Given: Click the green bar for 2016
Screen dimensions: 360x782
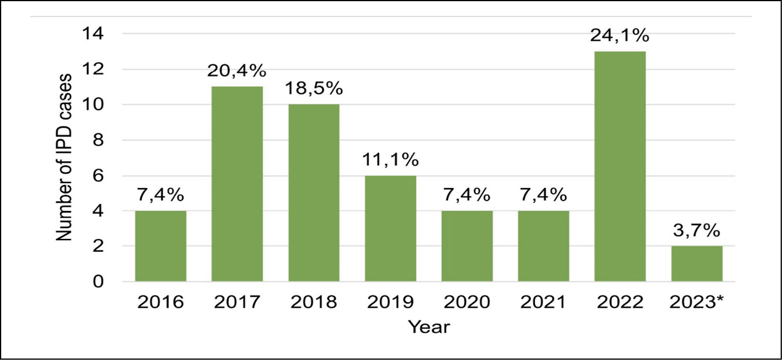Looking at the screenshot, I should tap(160, 246).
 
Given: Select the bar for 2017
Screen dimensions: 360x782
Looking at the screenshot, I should tap(237, 184).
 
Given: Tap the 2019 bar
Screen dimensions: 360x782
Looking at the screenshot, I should tap(390, 228).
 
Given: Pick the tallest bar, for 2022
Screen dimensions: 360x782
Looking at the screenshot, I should tap(620, 166).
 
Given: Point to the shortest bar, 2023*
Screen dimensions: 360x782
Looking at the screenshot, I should tap(697, 264).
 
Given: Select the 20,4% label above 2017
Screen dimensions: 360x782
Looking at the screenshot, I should tap(237, 72).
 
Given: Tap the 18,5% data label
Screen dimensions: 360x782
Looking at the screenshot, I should tap(314, 90).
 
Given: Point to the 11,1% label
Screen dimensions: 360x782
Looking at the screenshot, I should tap(390, 160).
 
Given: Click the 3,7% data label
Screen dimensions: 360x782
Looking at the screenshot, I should tap(697, 231).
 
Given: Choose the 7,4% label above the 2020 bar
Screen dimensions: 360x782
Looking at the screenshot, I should tap(467, 196).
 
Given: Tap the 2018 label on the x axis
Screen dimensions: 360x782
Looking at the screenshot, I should tap(314, 302).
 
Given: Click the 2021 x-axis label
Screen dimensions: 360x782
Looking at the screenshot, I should tap(543, 302).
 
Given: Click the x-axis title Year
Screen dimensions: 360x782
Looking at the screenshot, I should tap(430, 326).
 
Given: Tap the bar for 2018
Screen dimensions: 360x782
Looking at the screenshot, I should tap(314, 193).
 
